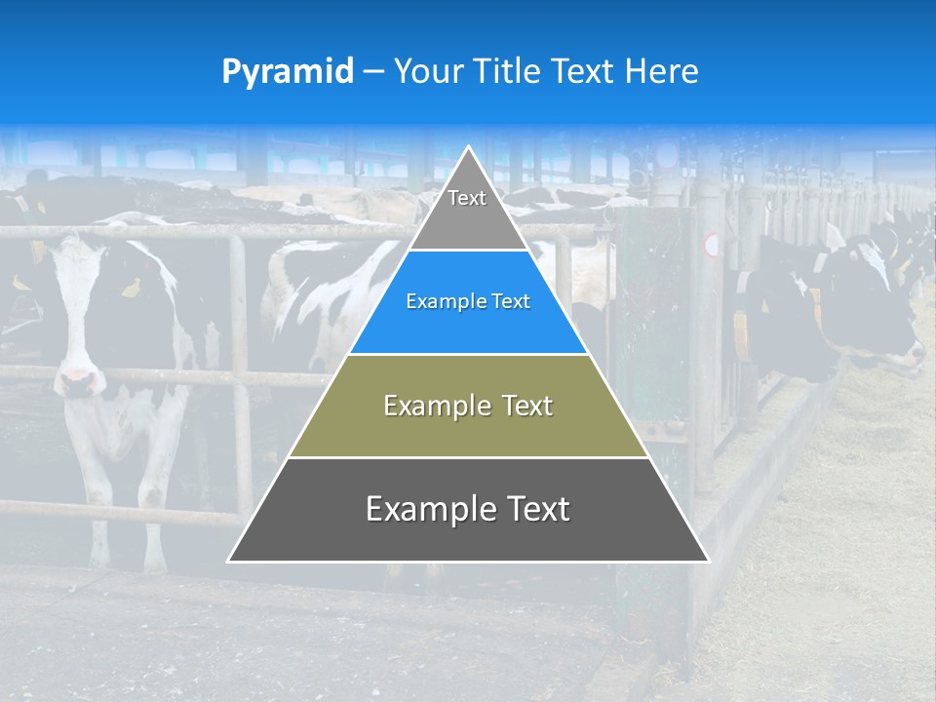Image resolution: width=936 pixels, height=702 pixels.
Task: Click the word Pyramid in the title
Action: pos(288,72)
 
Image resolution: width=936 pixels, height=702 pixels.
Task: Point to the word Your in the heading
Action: pos(426,72)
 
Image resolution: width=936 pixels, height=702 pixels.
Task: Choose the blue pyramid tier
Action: pos(468,302)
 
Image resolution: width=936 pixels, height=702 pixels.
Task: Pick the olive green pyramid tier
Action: pos(468,406)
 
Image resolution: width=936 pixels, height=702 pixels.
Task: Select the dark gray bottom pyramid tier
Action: pos(468,510)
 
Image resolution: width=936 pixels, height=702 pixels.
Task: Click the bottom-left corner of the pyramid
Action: pos(229,561)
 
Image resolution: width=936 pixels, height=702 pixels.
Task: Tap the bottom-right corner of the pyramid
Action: pos(708,561)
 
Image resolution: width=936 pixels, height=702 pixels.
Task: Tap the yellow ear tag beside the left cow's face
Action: pos(130,288)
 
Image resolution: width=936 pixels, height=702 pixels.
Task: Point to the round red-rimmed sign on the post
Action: pos(712,245)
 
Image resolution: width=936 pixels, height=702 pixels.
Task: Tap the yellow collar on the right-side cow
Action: pos(742,331)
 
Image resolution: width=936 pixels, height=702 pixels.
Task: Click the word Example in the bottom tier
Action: pos(424,510)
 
